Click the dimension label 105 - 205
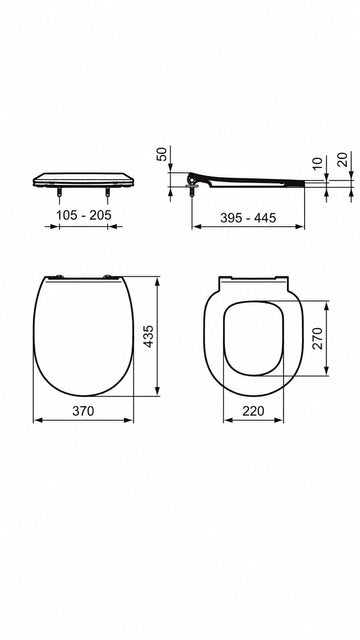point(84,215)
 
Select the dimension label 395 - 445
point(248,218)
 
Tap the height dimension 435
point(149,336)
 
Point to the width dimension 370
point(83,411)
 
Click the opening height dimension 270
point(317,338)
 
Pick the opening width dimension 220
point(253,411)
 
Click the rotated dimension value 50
point(162,154)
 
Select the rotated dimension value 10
point(318,162)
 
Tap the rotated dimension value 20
point(343,159)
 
